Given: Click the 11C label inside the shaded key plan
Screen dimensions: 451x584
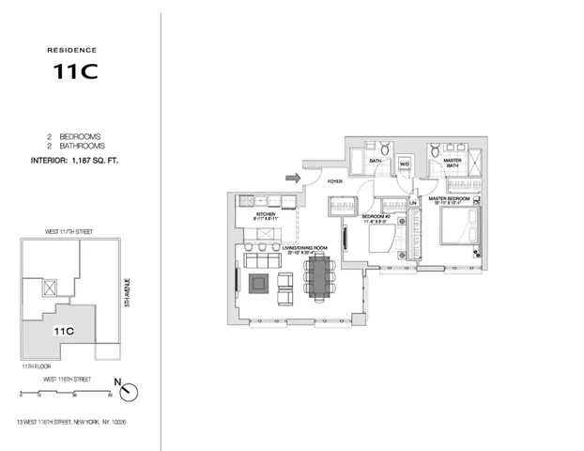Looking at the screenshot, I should pyautogui.click(x=64, y=331).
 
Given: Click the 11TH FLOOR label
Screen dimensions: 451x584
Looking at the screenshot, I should pyautogui.click(x=34, y=364).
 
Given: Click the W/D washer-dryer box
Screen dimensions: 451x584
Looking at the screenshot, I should pyautogui.click(x=405, y=166).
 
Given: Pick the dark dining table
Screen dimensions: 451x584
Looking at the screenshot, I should pyautogui.click(x=318, y=278).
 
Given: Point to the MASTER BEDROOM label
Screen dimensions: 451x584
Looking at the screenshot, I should pyautogui.click(x=451, y=198).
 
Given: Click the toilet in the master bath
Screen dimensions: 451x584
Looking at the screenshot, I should pyautogui.click(x=436, y=153).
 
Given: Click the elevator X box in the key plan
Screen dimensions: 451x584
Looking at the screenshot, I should pyautogui.click(x=51, y=288).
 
